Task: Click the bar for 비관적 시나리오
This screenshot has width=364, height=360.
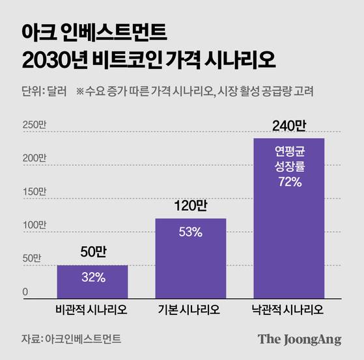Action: [92, 281]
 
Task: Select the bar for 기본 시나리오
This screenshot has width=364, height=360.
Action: [190, 257]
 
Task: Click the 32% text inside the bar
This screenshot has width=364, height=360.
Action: [92, 277]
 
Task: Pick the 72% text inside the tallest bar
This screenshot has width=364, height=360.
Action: [288, 182]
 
